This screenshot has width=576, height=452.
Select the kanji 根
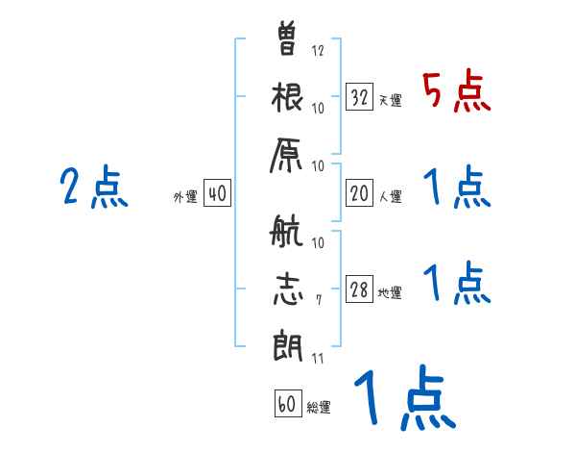coord(288,99)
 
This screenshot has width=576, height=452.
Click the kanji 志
coord(287,289)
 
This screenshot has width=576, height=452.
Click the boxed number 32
coord(360,96)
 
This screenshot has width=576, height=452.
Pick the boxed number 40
coord(217,194)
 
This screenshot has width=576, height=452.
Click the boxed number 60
coord(287,404)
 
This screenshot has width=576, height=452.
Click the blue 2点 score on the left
coord(94,187)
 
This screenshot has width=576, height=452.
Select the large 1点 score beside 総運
coord(403,399)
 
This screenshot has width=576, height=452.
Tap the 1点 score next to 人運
coord(456,188)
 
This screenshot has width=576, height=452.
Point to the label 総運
coord(319,408)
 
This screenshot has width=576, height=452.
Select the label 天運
coord(390,100)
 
